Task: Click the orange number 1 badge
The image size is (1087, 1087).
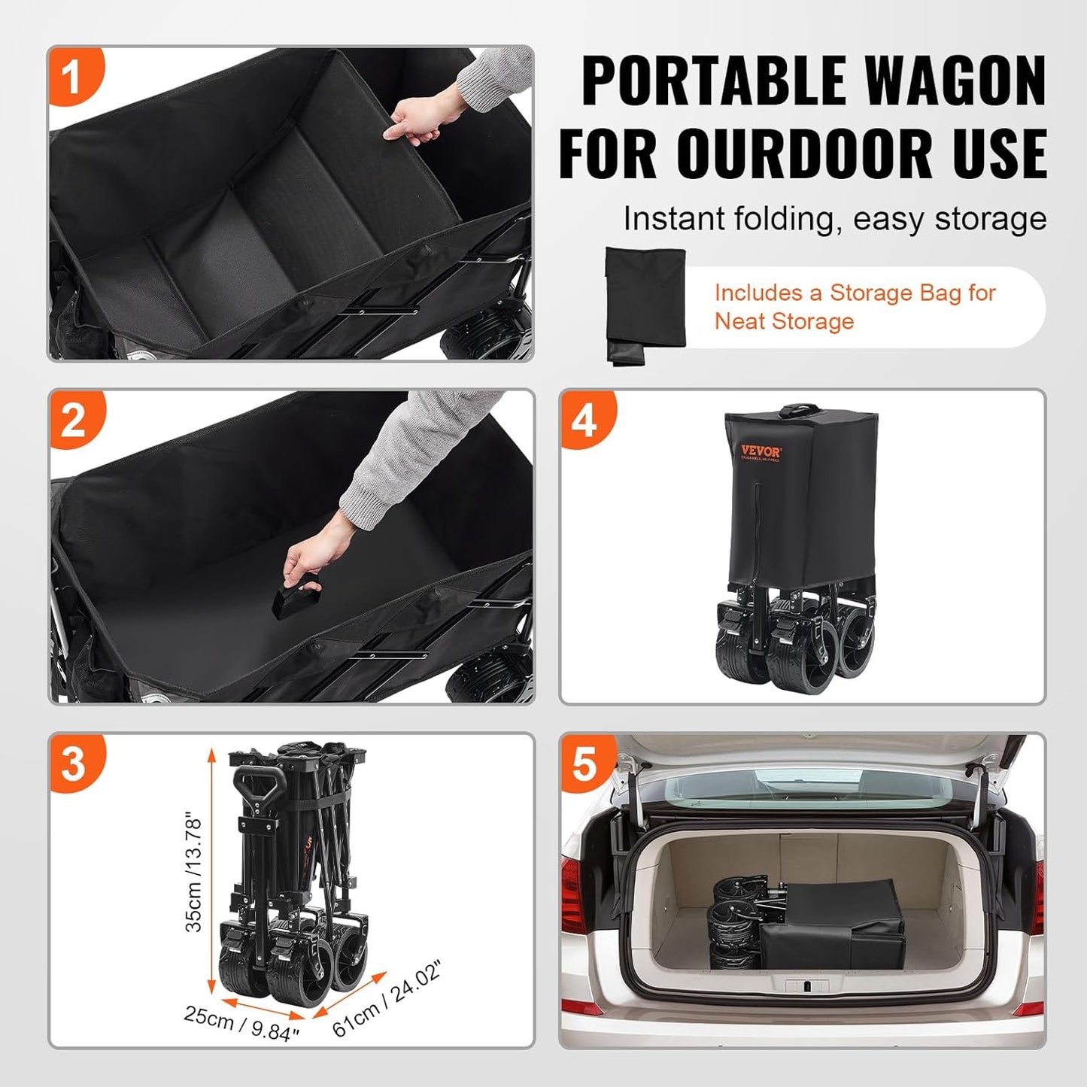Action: pyautogui.click(x=72, y=76)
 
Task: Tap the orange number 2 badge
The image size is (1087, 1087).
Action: pyautogui.click(x=73, y=420)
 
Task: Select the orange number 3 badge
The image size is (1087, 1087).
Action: pyautogui.click(x=73, y=764)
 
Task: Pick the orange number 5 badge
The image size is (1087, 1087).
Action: pyautogui.click(x=584, y=764)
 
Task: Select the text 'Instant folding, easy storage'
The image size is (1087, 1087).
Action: pyautogui.click(x=834, y=219)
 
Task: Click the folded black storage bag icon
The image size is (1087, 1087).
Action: pyautogui.click(x=645, y=304)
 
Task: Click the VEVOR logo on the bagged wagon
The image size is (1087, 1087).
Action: pyautogui.click(x=761, y=452)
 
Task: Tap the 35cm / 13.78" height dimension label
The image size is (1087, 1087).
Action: pyautogui.click(x=193, y=872)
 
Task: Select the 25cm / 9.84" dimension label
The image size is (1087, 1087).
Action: pyautogui.click(x=241, y=1025)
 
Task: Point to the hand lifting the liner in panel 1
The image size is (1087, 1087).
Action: pyautogui.click(x=413, y=120)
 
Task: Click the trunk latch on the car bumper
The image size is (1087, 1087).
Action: pyautogui.click(x=806, y=985)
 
